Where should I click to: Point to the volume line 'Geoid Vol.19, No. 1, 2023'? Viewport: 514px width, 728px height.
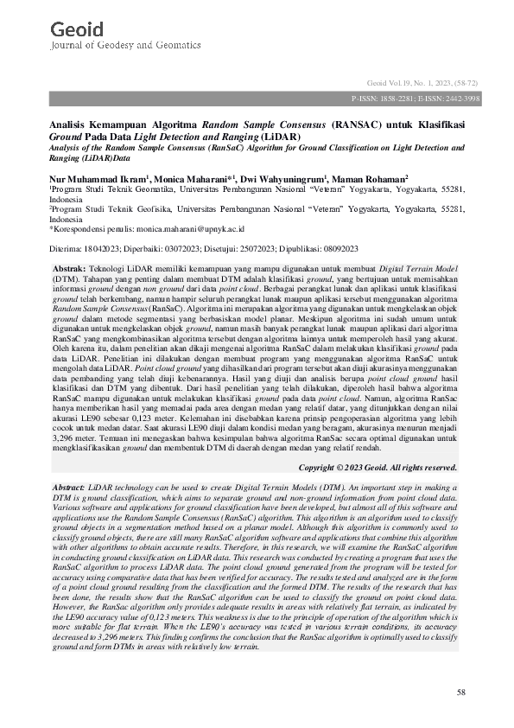tap(404, 79)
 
